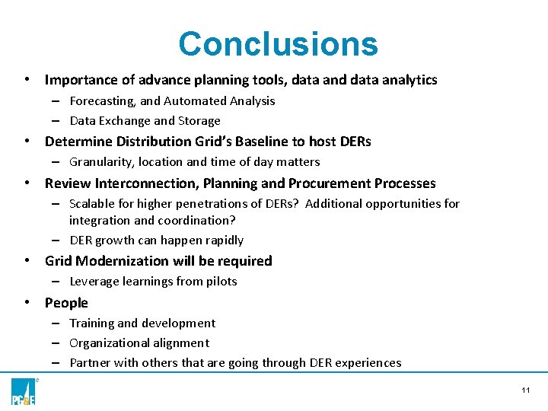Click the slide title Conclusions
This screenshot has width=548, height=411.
click(x=278, y=44)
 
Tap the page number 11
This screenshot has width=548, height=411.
click(x=525, y=390)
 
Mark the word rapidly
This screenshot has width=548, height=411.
click(x=221, y=240)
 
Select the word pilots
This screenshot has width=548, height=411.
click(x=221, y=281)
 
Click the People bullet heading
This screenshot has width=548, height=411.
click(x=66, y=302)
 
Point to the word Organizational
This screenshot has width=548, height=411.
click(x=111, y=342)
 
